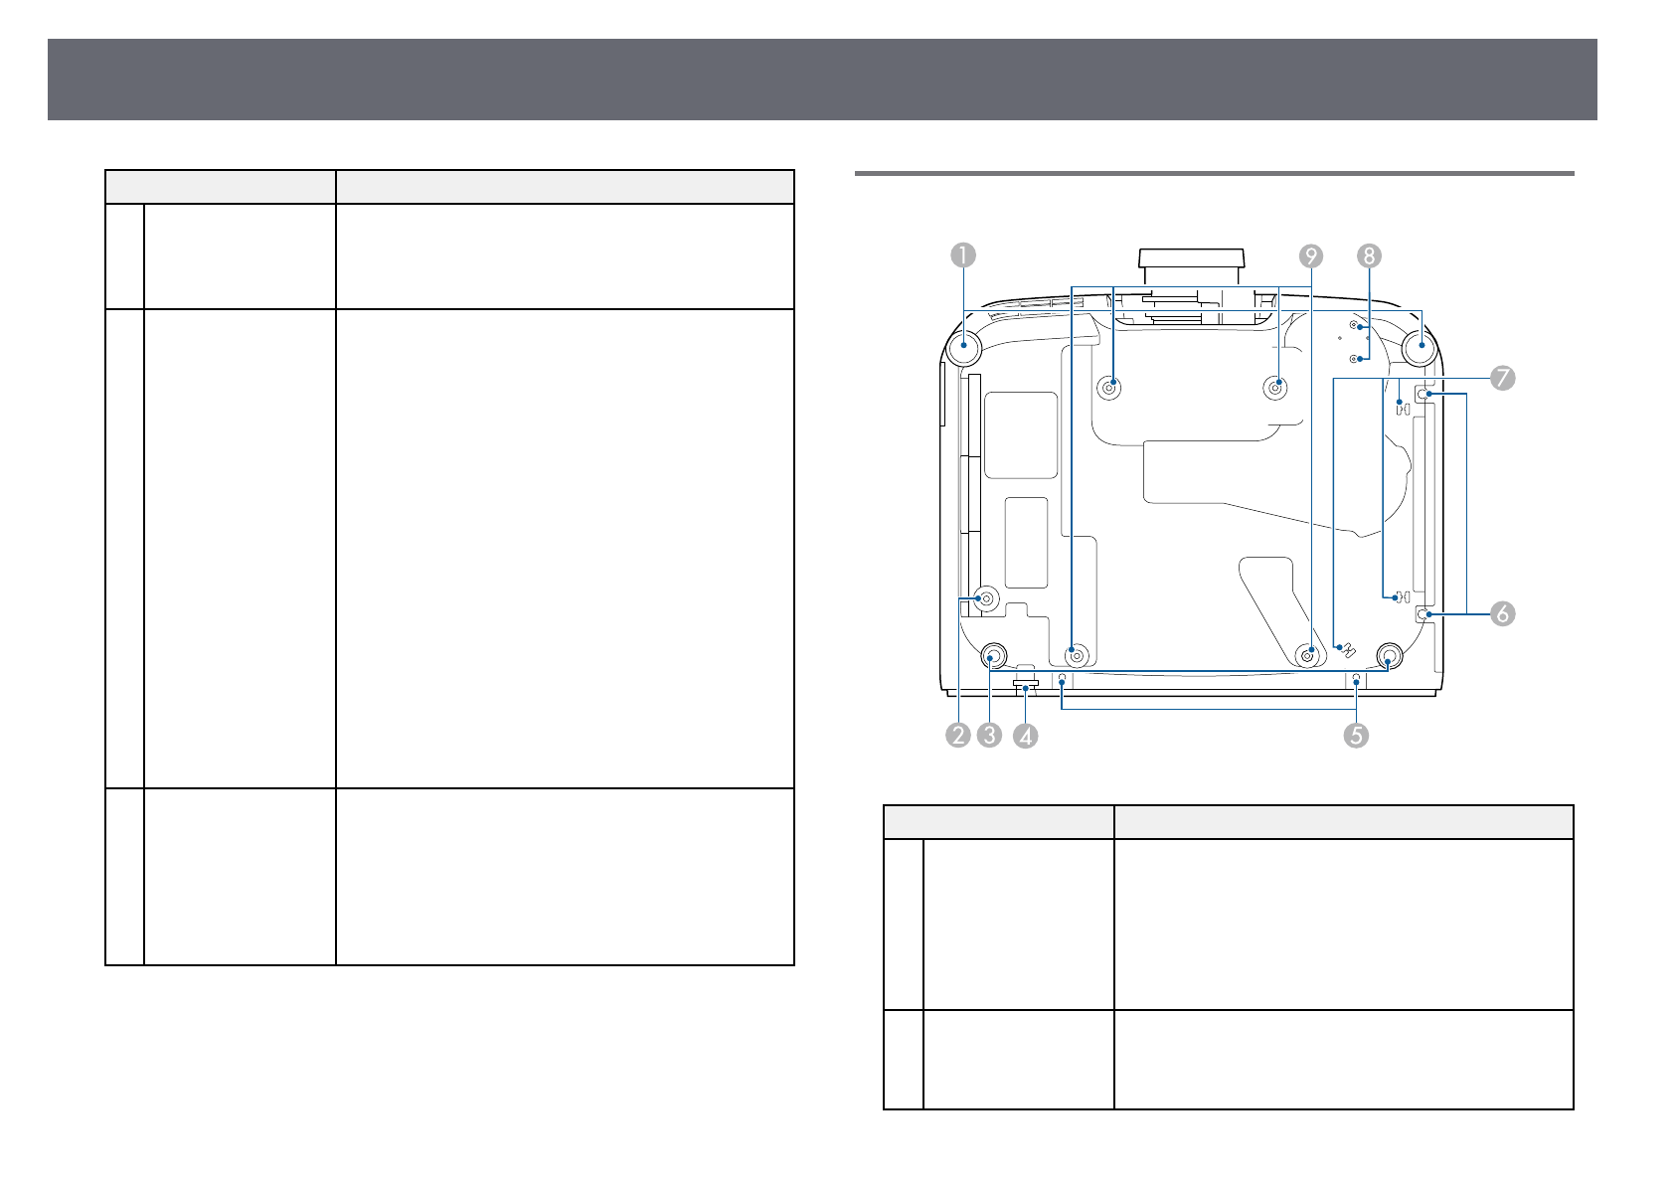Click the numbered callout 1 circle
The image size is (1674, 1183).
[963, 255]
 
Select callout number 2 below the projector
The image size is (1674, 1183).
[958, 736]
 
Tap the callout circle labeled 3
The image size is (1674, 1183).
[989, 736]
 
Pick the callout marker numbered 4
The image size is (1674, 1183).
[1025, 736]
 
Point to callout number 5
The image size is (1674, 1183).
[1356, 736]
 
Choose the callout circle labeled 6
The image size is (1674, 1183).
[1502, 613]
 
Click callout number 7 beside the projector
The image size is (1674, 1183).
[1502, 378]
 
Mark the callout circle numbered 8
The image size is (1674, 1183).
[1369, 256]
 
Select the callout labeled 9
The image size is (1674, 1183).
[1311, 256]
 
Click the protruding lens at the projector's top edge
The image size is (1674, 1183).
[1191, 267]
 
